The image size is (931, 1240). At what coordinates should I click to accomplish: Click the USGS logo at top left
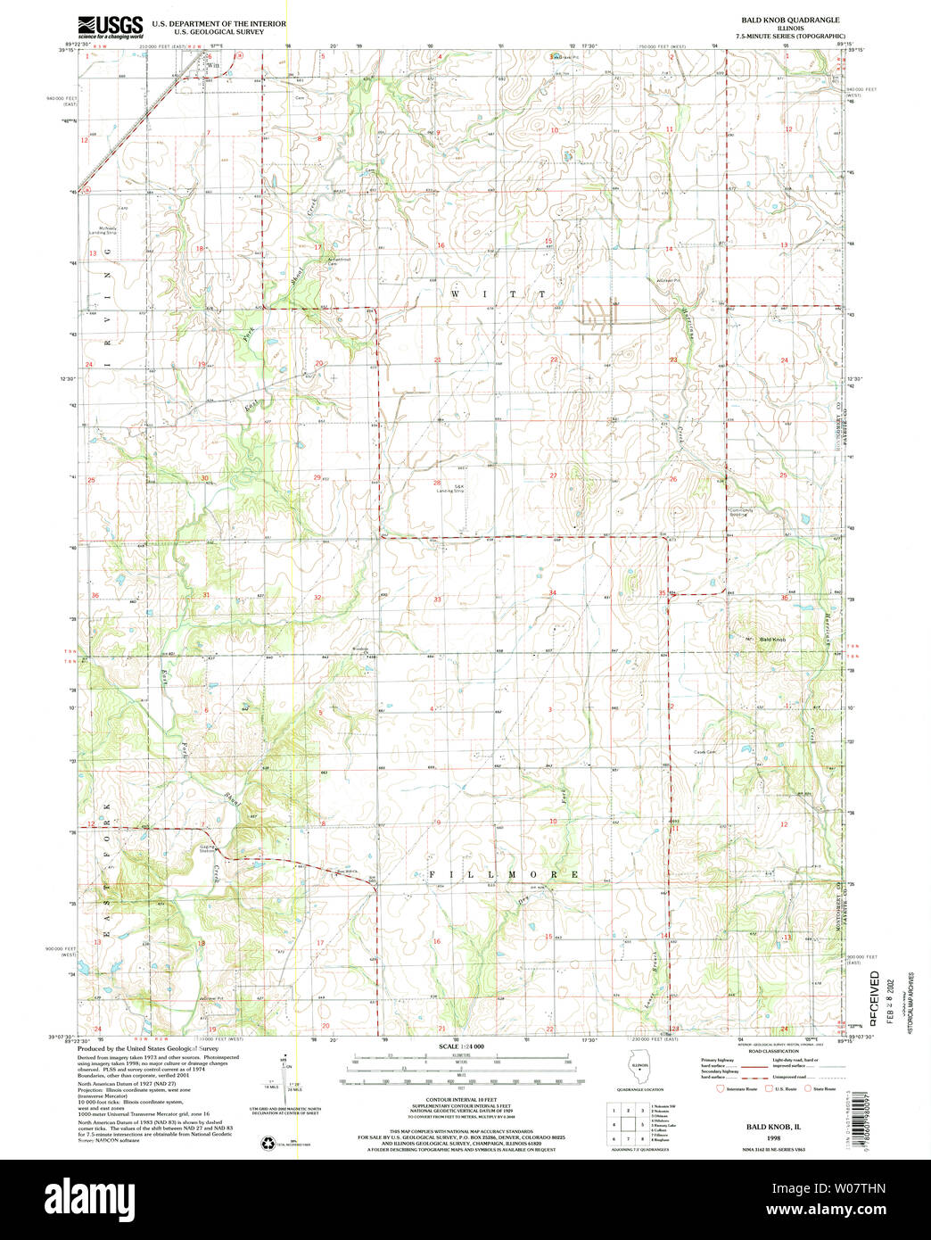tap(110, 27)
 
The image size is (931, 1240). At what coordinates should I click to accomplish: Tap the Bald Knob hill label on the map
tap(773, 640)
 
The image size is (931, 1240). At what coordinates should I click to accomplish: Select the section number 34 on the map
tap(553, 593)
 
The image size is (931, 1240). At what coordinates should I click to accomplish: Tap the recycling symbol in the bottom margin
tap(267, 1143)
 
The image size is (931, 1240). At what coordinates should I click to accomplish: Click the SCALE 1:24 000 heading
tap(461, 1046)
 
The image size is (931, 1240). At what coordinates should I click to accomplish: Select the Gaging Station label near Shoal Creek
tap(207, 848)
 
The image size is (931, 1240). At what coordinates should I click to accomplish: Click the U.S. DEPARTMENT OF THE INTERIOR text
tap(219, 23)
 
